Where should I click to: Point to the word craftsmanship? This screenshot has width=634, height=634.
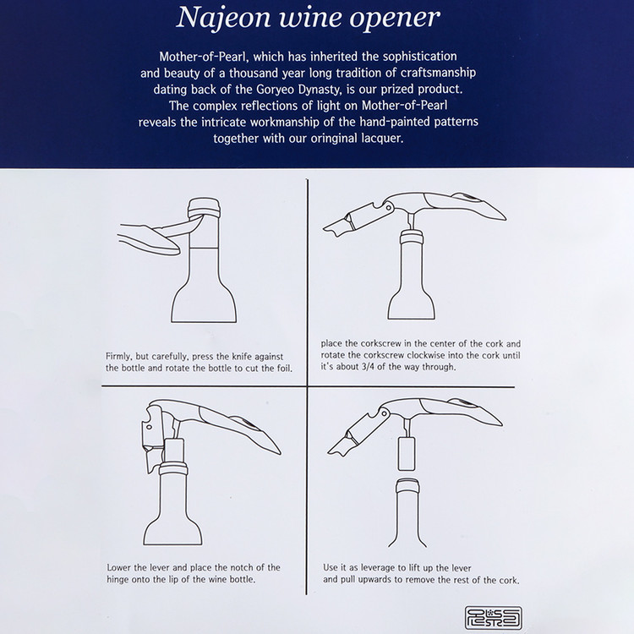click(x=438, y=74)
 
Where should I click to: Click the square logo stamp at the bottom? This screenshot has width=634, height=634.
click(x=494, y=617)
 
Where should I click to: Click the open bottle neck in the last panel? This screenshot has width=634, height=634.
click(x=407, y=513)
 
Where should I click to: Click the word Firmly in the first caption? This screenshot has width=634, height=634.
click(x=119, y=357)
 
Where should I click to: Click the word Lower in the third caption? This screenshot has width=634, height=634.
click(x=119, y=567)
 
